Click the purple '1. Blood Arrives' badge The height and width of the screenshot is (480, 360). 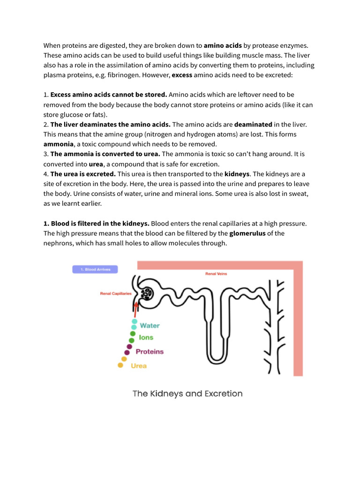(95, 270)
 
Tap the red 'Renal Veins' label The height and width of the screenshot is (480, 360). (216, 274)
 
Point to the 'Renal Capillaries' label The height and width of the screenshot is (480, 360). (115, 294)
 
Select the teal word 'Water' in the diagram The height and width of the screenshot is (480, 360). (150, 325)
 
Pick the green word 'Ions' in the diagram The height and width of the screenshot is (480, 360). (146, 337)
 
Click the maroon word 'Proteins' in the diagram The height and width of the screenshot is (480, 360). (150, 352)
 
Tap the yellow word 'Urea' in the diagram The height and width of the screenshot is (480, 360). (139, 366)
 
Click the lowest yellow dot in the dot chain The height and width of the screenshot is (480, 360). (120, 365)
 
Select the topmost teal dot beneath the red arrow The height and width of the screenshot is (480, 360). (135, 322)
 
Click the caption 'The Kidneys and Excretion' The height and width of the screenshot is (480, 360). (187, 394)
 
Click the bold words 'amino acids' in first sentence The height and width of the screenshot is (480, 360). (223, 46)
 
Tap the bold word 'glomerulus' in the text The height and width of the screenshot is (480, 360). (247, 233)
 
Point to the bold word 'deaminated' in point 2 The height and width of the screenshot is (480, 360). (253, 124)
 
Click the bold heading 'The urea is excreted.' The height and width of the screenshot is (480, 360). (83, 174)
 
